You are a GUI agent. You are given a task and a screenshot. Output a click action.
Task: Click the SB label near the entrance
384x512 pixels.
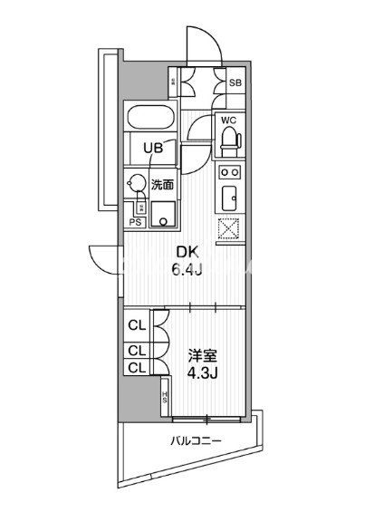[x=235, y=83]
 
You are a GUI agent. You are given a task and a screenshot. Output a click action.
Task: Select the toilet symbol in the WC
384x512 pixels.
[x=228, y=138]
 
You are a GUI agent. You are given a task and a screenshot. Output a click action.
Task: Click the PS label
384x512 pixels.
[x=136, y=221]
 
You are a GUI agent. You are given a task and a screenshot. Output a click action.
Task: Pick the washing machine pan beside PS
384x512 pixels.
[x=164, y=215]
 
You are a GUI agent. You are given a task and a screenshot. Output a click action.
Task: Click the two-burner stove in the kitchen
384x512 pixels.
[x=229, y=172]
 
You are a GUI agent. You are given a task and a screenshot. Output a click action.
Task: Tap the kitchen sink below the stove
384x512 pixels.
[x=229, y=197]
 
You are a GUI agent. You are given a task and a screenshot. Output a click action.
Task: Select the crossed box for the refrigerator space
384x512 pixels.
[x=229, y=229]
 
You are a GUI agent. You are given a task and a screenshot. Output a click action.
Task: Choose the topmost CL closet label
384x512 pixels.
[x=136, y=324]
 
